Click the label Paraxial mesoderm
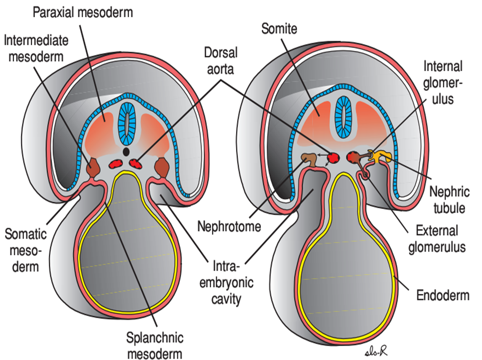(x=83, y=12)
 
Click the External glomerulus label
(x=439, y=238)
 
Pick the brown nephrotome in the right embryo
(x=309, y=159)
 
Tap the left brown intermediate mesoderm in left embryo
(x=94, y=167)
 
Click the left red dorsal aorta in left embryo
(x=117, y=163)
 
